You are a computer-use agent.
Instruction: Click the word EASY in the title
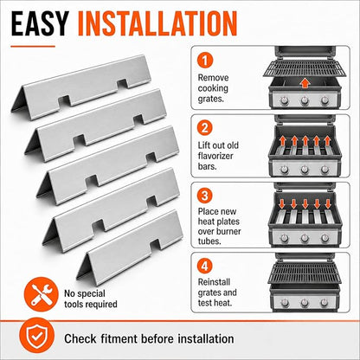(39, 23)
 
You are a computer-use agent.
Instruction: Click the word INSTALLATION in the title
(157, 23)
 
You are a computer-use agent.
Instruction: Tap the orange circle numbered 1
(205, 60)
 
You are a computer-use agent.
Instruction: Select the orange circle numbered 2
(205, 127)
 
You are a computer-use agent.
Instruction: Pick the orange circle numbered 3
(205, 196)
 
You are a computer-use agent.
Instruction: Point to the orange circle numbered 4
(205, 266)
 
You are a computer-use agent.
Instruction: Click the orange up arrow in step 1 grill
(305, 84)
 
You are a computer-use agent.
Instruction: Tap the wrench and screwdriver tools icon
(42, 294)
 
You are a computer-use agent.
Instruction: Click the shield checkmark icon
(36, 336)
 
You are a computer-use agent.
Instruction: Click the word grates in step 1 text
(210, 99)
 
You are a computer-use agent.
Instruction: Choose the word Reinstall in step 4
(214, 282)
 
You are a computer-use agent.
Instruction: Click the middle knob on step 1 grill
(305, 100)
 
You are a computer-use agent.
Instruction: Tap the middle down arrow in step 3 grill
(305, 203)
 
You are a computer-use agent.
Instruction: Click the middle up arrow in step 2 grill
(305, 141)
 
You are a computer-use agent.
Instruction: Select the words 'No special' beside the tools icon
(85, 293)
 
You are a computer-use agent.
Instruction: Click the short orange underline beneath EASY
(33, 46)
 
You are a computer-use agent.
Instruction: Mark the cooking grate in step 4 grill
(305, 273)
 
